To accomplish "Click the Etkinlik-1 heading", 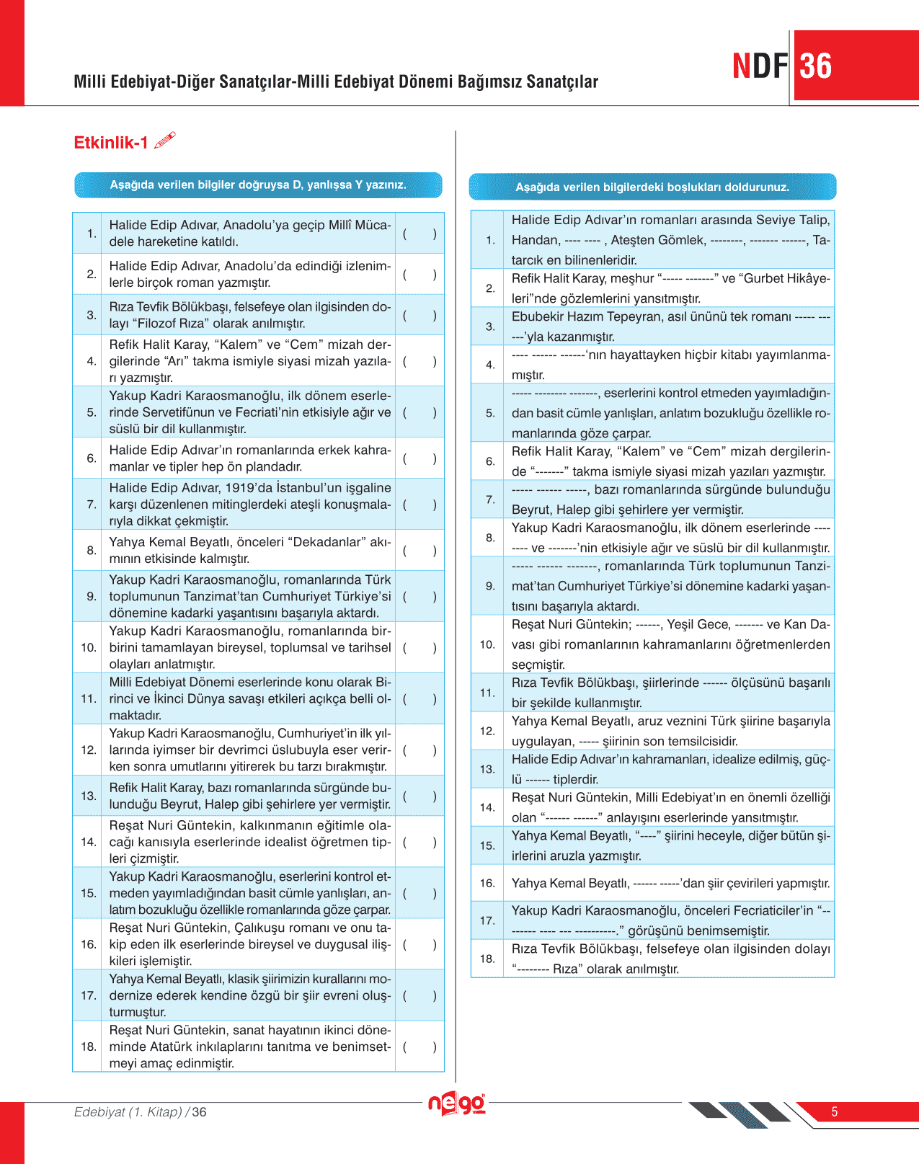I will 110,143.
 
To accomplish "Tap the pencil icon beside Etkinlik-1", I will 165,140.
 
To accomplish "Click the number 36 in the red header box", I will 816,66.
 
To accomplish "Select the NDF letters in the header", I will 760,66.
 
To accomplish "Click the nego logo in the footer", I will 457,1103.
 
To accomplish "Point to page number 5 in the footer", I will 835,1112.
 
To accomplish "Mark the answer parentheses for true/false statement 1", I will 419,234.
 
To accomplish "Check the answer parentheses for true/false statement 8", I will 419,551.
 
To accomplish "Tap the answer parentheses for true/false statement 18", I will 419,1047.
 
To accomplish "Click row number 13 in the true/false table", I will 89,796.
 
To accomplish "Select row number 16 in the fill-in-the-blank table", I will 488,884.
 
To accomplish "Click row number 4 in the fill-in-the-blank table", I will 490,365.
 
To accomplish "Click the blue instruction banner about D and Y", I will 258,185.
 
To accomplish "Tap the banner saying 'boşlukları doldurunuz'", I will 652,187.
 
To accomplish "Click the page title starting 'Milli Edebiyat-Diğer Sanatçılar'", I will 336,82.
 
